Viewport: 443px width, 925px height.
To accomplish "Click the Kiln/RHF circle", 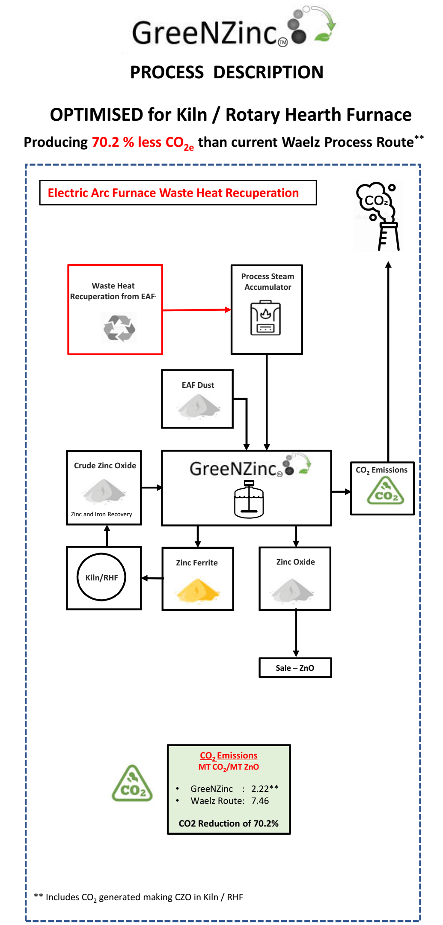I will [101, 577].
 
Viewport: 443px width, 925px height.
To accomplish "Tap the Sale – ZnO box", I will [295, 668].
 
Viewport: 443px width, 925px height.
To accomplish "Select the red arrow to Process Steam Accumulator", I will [196, 310].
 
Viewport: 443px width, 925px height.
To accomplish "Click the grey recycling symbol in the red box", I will [119, 328].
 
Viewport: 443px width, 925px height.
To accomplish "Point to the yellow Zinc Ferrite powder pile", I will [198, 590].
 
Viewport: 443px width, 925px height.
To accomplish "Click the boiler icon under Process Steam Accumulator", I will [265, 318].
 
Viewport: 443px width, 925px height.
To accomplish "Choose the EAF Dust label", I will [198, 385].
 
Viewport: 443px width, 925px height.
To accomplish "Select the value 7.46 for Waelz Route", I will [260, 801].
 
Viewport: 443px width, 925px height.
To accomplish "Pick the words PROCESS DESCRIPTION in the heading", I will [226, 72].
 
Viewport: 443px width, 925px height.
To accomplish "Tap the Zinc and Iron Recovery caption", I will [101, 514].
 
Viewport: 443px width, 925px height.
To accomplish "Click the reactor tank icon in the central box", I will [249, 499].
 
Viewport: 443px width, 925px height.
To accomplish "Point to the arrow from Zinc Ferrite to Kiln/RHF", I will [152, 578].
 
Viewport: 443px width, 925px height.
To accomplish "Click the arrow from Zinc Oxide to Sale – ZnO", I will [296, 634].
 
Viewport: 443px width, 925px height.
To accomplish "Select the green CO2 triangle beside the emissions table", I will [132, 784].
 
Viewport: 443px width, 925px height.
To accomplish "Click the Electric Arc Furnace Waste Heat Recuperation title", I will [173, 193].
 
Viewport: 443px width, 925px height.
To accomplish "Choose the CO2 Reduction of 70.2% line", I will [229, 824].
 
